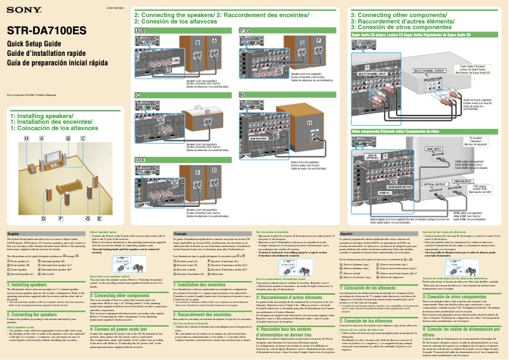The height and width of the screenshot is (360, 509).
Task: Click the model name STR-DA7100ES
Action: pos(46,30)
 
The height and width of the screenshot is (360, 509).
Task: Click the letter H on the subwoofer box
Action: pos(309,121)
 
